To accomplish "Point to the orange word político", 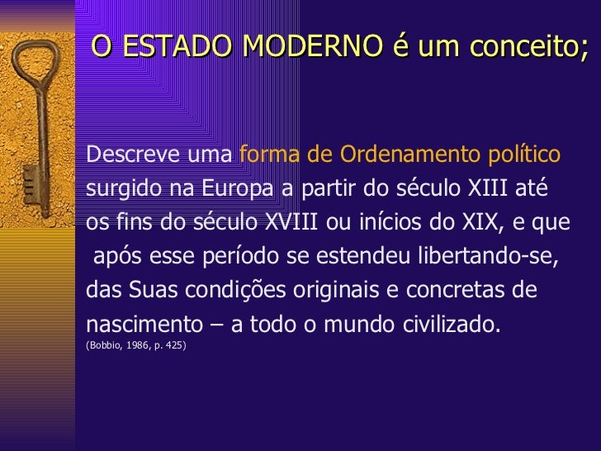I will click(520, 154).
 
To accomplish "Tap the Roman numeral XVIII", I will click(293, 223).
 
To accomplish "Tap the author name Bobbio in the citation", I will click(102, 343).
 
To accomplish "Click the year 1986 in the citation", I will click(135, 343).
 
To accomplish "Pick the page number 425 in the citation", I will click(173, 343).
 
